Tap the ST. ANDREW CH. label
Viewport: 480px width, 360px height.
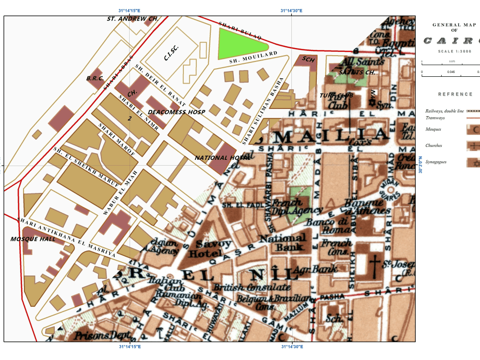[x=132, y=19]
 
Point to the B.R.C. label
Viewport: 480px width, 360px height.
[x=95, y=78]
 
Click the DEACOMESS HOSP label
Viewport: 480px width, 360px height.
[x=176, y=112]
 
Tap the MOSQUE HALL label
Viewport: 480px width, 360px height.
[x=33, y=239]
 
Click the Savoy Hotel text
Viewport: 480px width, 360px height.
[x=206, y=248]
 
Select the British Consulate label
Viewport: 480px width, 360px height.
[x=252, y=288]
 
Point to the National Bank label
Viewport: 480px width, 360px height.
[x=283, y=242]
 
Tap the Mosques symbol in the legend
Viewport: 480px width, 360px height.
[x=473, y=129]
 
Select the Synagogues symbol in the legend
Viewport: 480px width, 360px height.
[x=473, y=162]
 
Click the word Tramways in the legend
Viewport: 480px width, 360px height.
[x=435, y=118]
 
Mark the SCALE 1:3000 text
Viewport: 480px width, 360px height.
[x=454, y=51]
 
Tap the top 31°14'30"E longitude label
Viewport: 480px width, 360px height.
[x=291, y=11]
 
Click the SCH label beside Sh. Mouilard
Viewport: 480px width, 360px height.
[x=309, y=59]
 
